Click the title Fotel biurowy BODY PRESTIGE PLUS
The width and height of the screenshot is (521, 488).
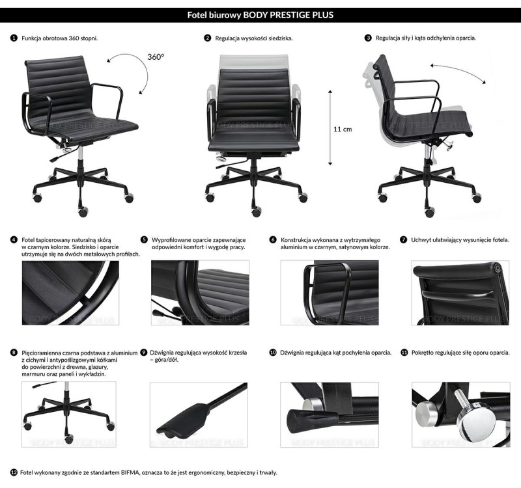click(x=260, y=15)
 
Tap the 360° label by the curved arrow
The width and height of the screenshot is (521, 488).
click(x=156, y=57)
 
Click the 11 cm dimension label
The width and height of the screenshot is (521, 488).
click(x=343, y=129)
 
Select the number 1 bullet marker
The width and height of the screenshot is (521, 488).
click(x=14, y=38)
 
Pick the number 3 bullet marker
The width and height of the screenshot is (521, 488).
click(x=368, y=38)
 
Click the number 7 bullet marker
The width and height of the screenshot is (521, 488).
click(x=403, y=239)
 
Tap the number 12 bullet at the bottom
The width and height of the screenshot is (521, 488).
click(x=14, y=472)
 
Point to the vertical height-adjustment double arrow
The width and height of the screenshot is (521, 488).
click(x=330, y=128)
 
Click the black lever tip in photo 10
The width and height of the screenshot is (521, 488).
click(x=301, y=422)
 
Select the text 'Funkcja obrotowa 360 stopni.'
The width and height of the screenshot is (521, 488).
click(x=60, y=38)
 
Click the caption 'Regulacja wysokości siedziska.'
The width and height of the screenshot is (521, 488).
click(x=254, y=38)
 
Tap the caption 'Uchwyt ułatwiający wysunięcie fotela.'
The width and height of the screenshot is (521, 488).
click(x=460, y=239)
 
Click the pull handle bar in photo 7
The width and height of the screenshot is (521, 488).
click(x=458, y=294)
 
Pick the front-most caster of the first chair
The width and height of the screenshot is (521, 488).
click(x=83, y=212)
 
